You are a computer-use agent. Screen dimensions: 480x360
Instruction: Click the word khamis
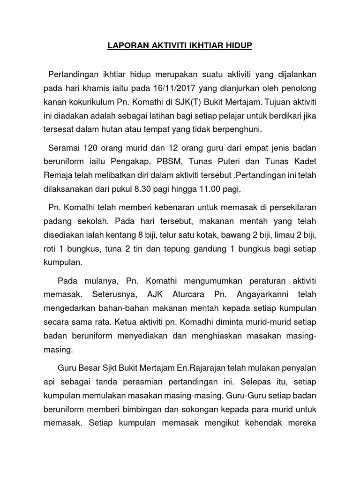pyautogui.click(x=94, y=89)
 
